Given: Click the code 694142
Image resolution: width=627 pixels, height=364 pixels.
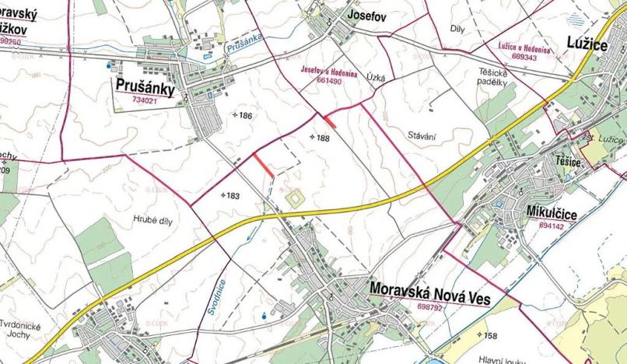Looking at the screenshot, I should click(x=557, y=224).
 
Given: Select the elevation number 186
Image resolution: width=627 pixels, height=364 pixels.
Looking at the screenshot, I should click(x=246, y=115).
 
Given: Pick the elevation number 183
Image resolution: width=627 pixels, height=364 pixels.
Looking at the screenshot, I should click(x=231, y=196).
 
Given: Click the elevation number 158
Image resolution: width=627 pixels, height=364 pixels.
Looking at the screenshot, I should click(x=489, y=336).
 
